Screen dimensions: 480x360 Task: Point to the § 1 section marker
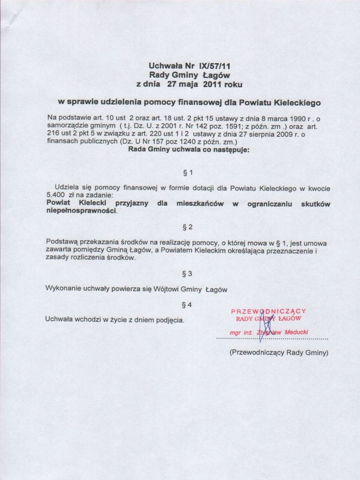coord(187,172)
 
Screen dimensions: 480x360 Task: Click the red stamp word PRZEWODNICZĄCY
coord(269,311)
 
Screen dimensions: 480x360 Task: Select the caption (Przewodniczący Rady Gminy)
coord(278,352)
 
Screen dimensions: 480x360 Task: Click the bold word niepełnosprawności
coord(82,211)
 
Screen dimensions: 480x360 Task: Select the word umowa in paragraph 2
coord(317,243)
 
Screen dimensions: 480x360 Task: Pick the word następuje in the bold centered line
coord(231,150)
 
